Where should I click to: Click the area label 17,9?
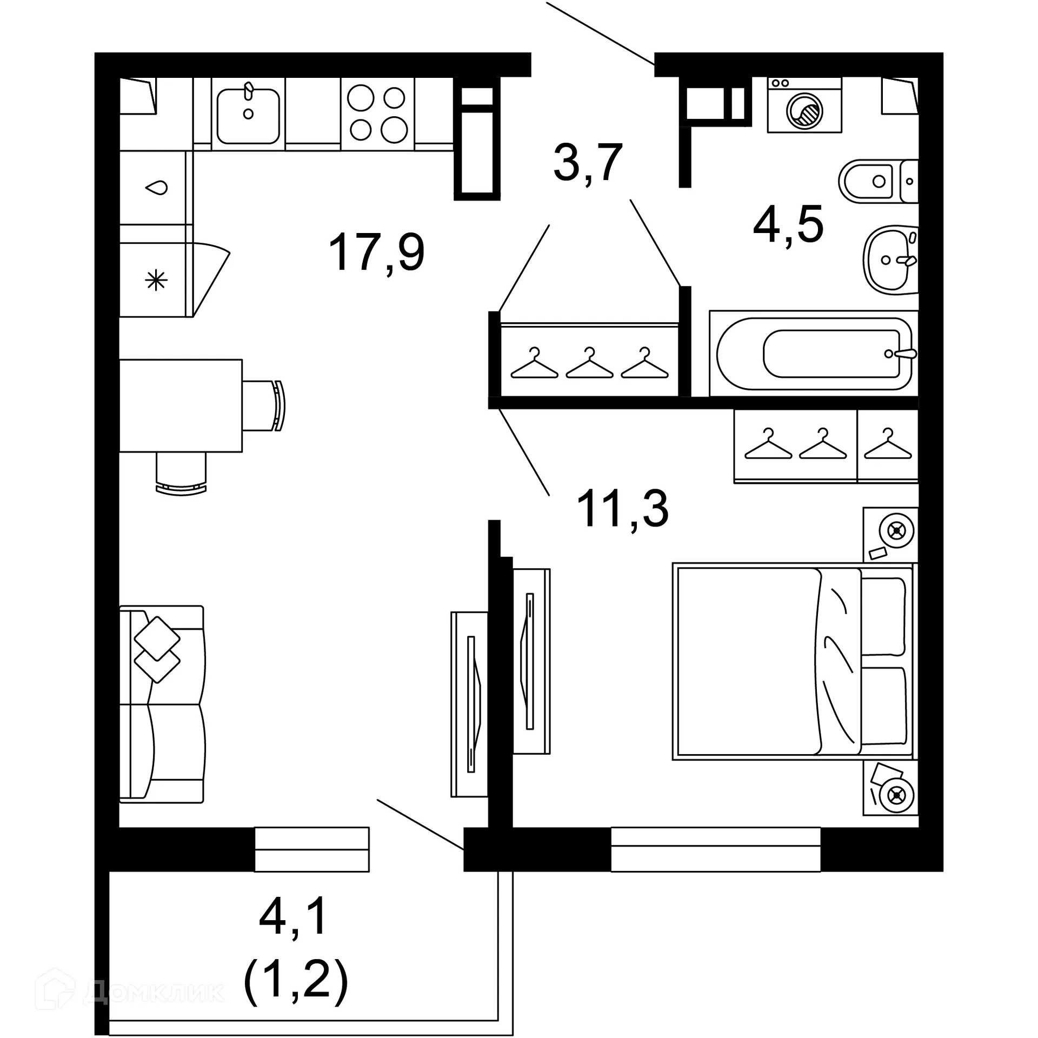click(x=376, y=252)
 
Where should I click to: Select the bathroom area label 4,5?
click(x=788, y=224)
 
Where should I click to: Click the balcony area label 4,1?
click(x=294, y=915)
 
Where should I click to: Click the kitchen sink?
click(x=248, y=115)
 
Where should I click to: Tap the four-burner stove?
click(x=377, y=114)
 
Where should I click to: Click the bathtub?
click(x=813, y=354)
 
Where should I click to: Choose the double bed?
click(x=793, y=662)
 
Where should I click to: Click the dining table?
click(x=181, y=405)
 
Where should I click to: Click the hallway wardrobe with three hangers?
click(x=589, y=360)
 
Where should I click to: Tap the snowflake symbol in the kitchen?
click(x=156, y=280)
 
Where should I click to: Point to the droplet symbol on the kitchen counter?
click(x=156, y=188)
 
